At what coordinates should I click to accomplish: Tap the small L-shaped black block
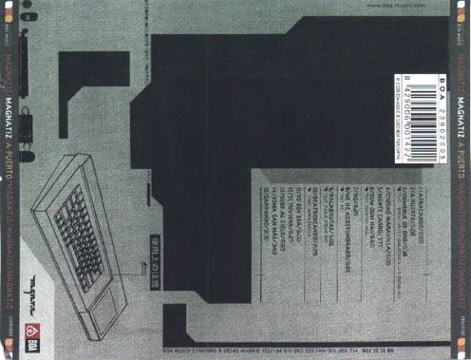90,76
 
